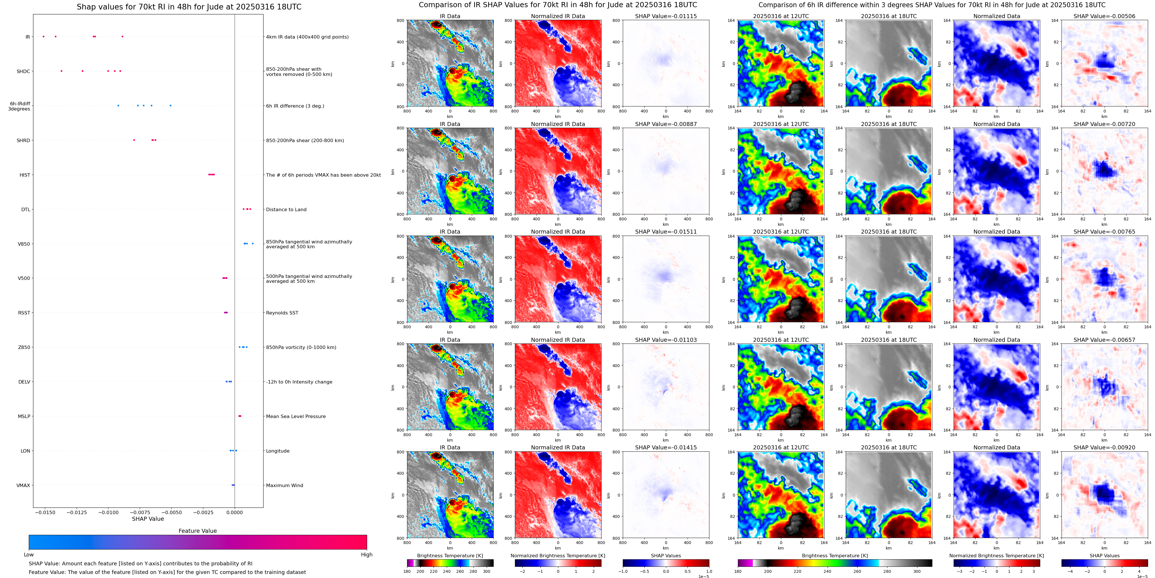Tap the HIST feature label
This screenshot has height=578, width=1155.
(25, 175)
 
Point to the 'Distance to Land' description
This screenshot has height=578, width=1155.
(286, 209)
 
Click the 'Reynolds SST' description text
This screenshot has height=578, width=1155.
(282, 313)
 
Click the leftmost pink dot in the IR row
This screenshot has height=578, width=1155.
(43, 36)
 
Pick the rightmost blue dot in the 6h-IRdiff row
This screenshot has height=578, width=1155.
(170, 105)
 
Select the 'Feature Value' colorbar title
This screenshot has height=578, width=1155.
(197, 531)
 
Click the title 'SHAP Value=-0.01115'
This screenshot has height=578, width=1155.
(666, 16)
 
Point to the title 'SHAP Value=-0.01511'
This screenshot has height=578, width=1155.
(666, 232)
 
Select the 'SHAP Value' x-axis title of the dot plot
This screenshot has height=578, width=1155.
(148, 519)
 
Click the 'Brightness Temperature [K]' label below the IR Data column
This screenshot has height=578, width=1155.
(450, 556)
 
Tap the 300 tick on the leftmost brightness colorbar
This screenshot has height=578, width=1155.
(486, 571)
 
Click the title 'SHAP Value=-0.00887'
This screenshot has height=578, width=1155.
(666, 124)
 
